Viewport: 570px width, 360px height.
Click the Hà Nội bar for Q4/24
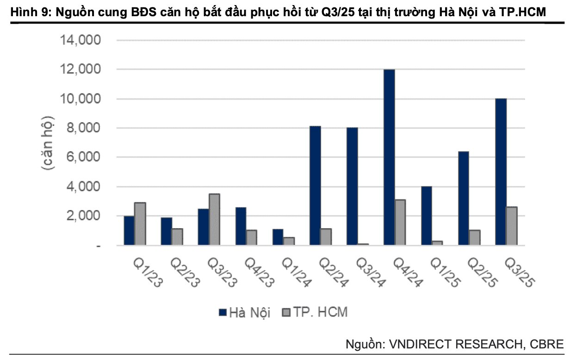coord(389,157)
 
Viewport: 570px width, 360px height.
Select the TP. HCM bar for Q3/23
coord(214,219)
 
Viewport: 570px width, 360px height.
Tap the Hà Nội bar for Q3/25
coord(501,172)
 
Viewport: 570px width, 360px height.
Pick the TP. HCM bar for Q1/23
coord(140,223)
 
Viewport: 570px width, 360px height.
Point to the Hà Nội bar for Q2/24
coord(315,186)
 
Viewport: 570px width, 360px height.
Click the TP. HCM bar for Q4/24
coord(400,222)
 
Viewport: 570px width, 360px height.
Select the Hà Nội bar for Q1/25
coord(426,216)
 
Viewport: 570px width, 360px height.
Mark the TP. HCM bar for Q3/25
coord(512,226)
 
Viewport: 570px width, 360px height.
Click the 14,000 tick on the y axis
coord(81,40)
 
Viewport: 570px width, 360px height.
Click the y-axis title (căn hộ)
coord(48,143)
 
